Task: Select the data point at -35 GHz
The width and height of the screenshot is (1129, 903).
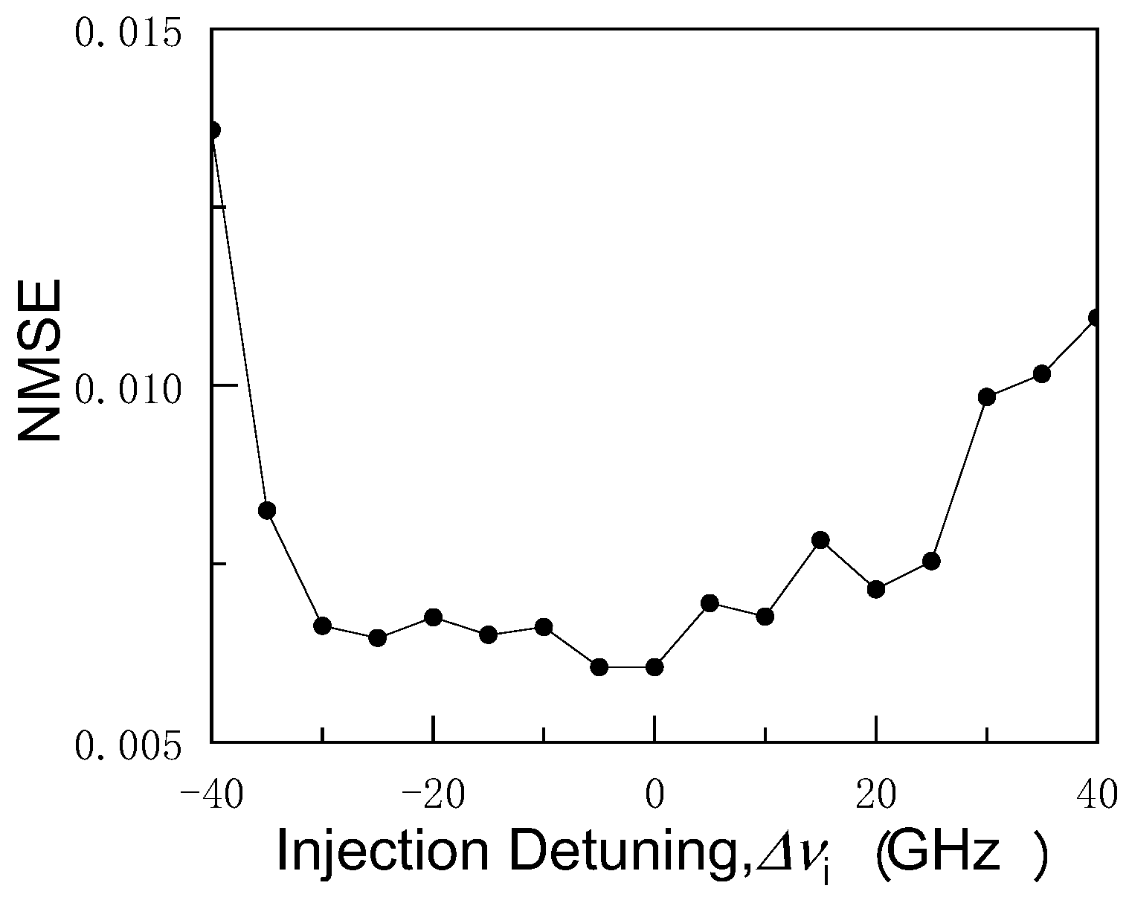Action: pyautogui.click(x=267, y=510)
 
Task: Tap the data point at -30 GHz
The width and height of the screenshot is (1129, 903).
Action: pyautogui.click(x=322, y=626)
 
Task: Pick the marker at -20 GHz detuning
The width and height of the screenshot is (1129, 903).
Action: pyautogui.click(x=434, y=617)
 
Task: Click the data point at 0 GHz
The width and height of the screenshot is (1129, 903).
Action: pyautogui.click(x=654, y=666)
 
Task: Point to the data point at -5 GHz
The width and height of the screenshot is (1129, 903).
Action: pyautogui.click(x=599, y=666)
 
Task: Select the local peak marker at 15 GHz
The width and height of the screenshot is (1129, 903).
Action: pyautogui.click(x=820, y=540)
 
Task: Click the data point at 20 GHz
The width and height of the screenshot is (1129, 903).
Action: pyautogui.click(x=876, y=589)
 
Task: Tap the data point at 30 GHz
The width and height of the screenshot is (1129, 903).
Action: pyautogui.click(x=987, y=396)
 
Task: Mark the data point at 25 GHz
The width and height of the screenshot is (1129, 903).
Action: pyautogui.click(x=931, y=561)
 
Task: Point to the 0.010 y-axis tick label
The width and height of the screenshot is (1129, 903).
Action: pyautogui.click(x=129, y=388)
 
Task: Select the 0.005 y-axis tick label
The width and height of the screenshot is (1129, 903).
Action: pyautogui.click(x=129, y=746)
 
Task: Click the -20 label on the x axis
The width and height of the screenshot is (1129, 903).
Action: pyautogui.click(x=434, y=795)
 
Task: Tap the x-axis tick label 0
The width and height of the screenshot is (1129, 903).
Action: pyautogui.click(x=654, y=795)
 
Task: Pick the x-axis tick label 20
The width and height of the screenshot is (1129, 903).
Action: pyautogui.click(x=877, y=795)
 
